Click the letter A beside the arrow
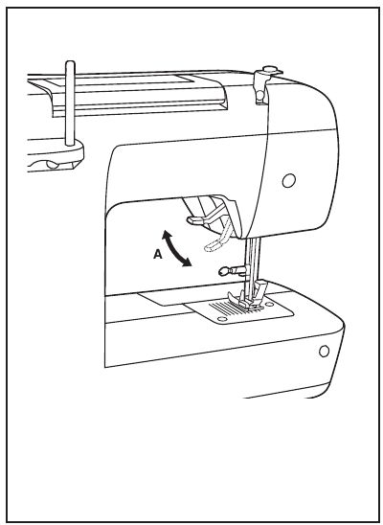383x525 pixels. (x=158, y=255)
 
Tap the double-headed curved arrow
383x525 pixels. (x=175, y=248)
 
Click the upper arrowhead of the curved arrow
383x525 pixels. (x=166, y=234)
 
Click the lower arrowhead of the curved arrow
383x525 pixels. (x=187, y=262)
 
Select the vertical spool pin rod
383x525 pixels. (x=70, y=103)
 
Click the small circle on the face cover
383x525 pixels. (x=288, y=180)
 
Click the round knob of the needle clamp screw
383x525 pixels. (x=224, y=271)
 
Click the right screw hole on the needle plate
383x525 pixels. (x=269, y=304)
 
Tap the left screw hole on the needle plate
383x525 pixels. (x=220, y=318)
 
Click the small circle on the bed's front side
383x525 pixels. (x=324, y=352)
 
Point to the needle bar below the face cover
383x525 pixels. (x=253, y=262)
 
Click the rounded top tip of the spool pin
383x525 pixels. (x=70, y=63)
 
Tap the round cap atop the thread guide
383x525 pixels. (x=269, y=70)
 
